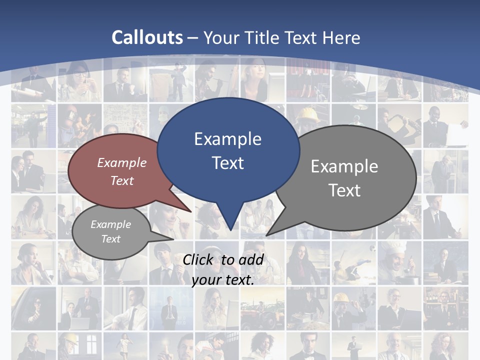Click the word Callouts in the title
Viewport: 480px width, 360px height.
click(147, 37)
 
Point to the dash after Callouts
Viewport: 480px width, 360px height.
click(193, 38)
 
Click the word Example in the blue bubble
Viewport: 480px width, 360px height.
click(227, 138)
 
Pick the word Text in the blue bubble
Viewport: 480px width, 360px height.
click(227, 163)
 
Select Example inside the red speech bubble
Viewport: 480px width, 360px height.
click(122, 162)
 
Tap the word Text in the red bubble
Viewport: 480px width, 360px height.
click(122, 180)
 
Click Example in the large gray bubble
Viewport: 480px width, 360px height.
click(344, 166)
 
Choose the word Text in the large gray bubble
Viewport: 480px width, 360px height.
click(344, 190)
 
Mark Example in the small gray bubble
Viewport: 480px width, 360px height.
click(110, 224)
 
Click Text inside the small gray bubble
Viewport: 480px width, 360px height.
click(110, 239)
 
